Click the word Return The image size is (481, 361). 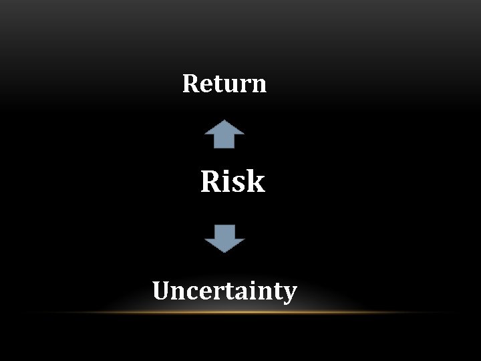(x=224, y=84)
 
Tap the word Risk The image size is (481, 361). (x=232, y=181)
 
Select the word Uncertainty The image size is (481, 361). (x=224, y=292)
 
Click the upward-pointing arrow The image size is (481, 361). (x=224, y=134)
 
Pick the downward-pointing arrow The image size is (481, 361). (x=224, y=239)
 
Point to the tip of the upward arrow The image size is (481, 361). (x=224, y=121)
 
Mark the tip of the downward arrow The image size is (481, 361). (x=224, y=252)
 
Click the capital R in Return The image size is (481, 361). (x=190, y=84)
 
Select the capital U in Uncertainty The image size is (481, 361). (x=162, y=291)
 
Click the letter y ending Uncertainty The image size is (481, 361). (x=289, y=295)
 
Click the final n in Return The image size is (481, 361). (x=259, y=86)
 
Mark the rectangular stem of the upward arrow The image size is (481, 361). (x=224, y=141)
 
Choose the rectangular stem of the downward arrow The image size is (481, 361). (x=224, y=231)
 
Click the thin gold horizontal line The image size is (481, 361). (x=240, y=312)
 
